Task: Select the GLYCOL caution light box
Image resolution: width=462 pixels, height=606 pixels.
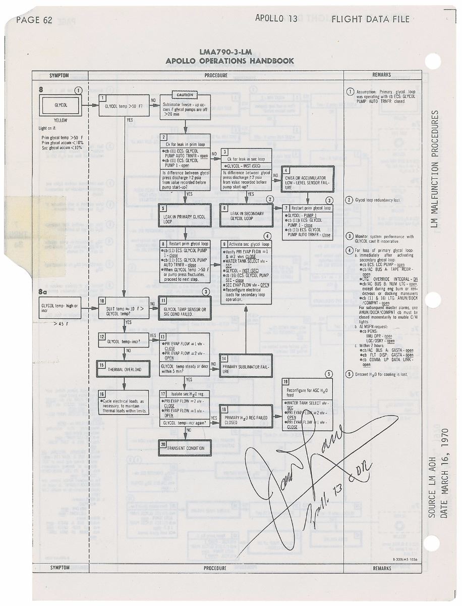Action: click(60, 106)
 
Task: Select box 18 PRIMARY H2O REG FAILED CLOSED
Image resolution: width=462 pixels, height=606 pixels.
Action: click(245, 417)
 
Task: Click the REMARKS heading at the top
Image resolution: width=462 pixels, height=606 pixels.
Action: click(381, 75)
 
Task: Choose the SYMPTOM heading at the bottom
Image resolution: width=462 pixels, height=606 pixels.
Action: click(59, 568)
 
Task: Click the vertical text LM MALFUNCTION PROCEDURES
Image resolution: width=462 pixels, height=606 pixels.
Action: click(435, 169)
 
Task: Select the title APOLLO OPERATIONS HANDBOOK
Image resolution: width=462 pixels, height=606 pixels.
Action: click(229, 61)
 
